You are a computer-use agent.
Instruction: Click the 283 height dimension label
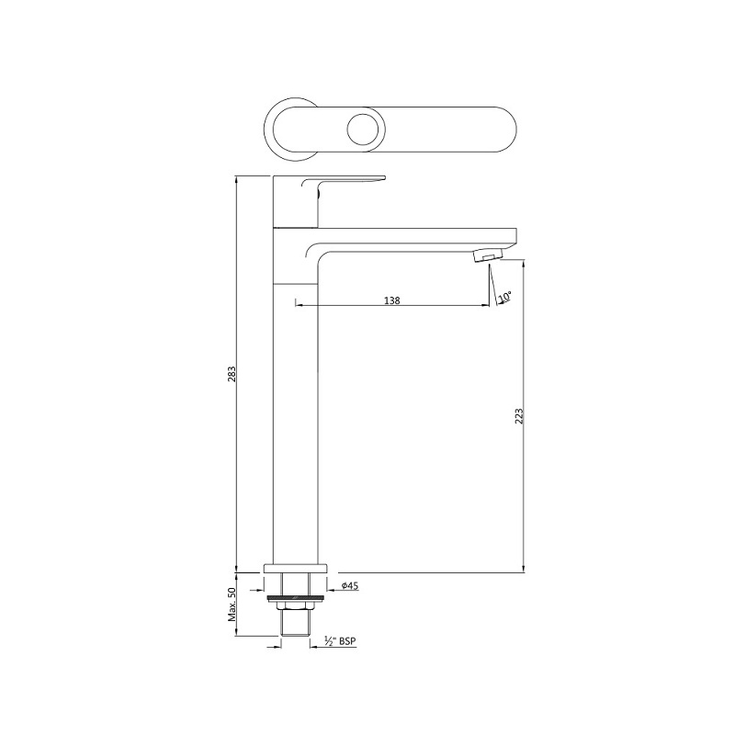(x=232, y=374)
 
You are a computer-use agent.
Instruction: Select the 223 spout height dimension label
(x=519, y=416)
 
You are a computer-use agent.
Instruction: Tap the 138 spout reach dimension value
(x=392, y=300)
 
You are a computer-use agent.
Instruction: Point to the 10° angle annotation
(x=504, y=297)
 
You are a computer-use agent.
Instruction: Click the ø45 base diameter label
(x=350, y=585)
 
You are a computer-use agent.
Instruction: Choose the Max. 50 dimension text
(x=232, y=604)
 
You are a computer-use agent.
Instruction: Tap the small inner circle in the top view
(x=361, y=130)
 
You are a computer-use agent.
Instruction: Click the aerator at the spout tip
(x=488, y=256)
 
